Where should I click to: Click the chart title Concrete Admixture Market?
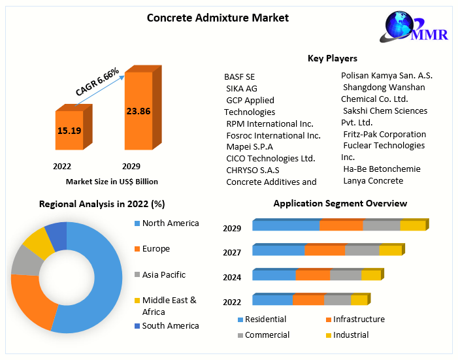pyautogui.click(x=218, y=18)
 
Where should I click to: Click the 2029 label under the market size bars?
pyautogui.click(x=131, y=167)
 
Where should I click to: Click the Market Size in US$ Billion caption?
pyautogui.click(x=112, y=182)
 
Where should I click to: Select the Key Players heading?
pyautogui.click(x=332, y=59)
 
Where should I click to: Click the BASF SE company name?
pyautogui.click(x=239, y=77)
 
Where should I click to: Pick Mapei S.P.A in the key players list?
pyautogui.click(x=250, y=147)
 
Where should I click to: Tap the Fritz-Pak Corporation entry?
pyautogui.click(x=385, y=134)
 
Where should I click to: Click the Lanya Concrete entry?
pyautogui.click(x=373, y=180)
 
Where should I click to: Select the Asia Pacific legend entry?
pyautogui.click(x=164, y=275)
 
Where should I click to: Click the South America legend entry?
pyautogui.click(x=171, y=325)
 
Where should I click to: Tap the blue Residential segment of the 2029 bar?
pyautogui.click(x=286, y=225)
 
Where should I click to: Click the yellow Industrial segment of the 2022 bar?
pyautogui.click(x=359, y=300)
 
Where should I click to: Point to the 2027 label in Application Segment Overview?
pyautogui.click(x=232, y=253)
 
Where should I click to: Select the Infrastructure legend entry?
pyautogui.click(x=359, y=319)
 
